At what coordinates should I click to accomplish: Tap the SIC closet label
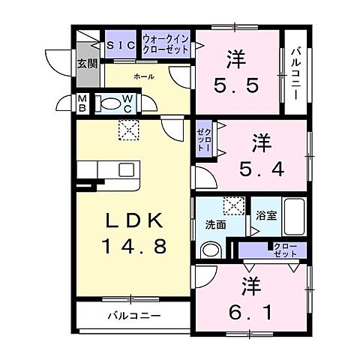[x=120, y=43]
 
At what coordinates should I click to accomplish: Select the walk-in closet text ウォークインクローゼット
[x=167, y=43]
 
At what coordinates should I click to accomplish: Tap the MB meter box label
[x=82, y=104]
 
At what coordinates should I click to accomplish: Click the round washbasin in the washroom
[x=212, y=250]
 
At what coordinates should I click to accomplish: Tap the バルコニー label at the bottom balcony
[x=133, y=316]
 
